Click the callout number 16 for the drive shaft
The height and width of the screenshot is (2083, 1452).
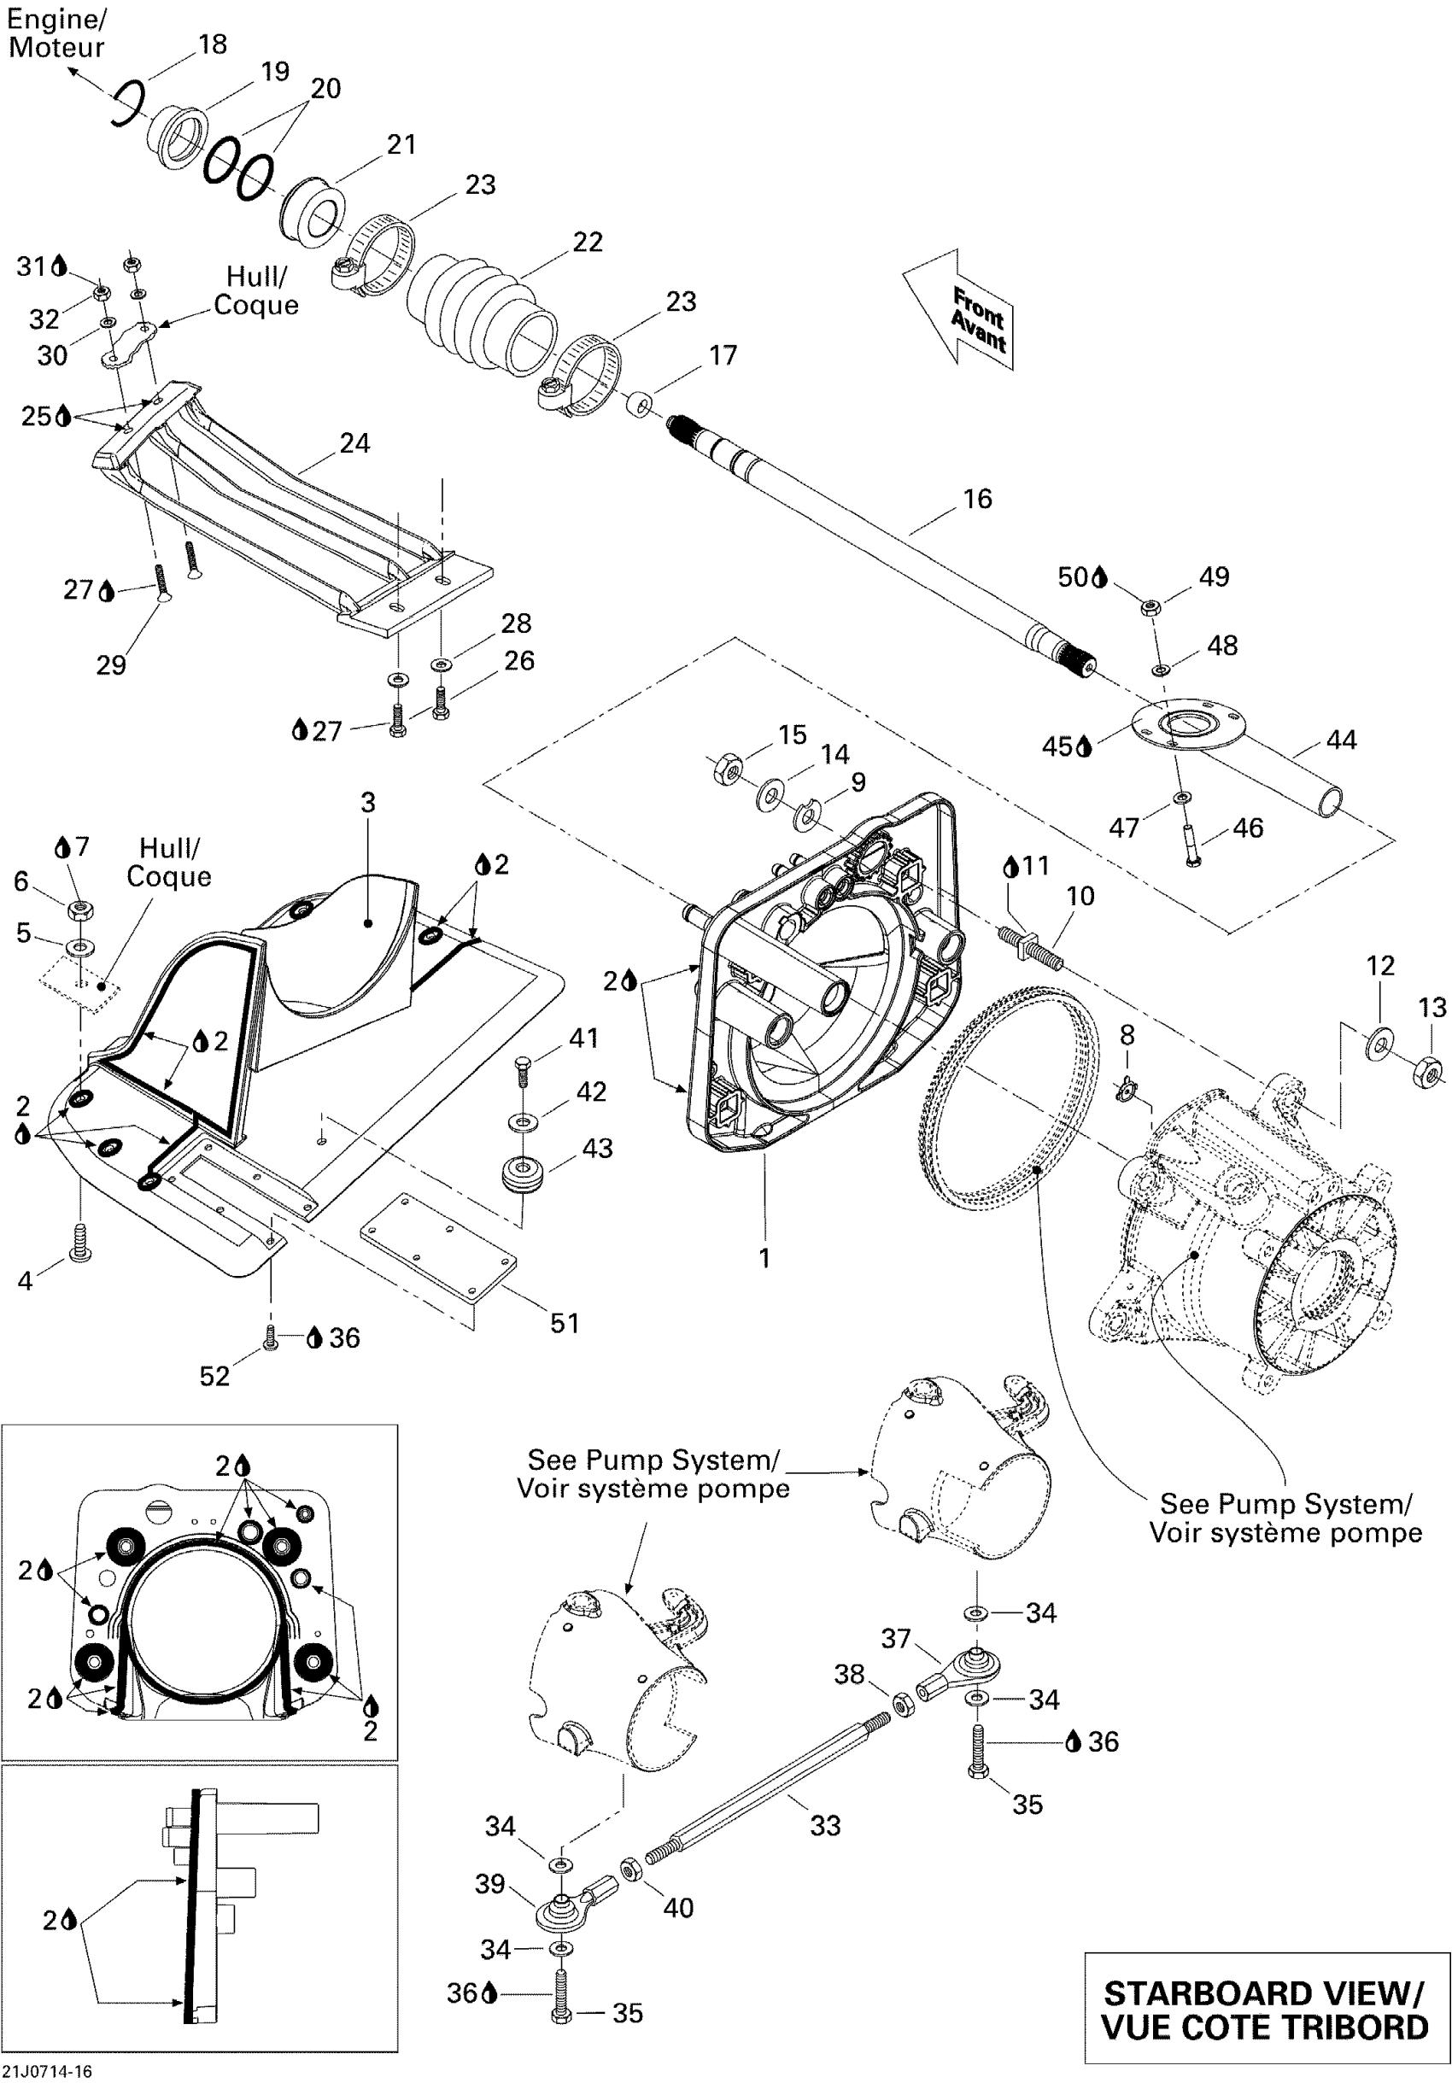[x=977, y=499]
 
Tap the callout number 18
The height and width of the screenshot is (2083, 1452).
[x=213, y=44]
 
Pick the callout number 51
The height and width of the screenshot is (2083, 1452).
[x=565, y=1324]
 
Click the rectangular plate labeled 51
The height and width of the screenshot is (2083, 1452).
[x=439, y=1248]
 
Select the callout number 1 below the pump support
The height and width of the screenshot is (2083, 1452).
[x=765, y=1257]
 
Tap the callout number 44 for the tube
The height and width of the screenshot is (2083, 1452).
[x=1341, y=740]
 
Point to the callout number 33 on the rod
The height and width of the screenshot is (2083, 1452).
[x=825, y=1825]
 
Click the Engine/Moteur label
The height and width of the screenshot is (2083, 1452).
[x=56, y=33]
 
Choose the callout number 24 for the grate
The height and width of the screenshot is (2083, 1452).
[x=354, y=442]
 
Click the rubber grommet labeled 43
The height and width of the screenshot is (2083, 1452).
[x=522, y=1176]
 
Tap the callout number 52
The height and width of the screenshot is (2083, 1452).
[x=215, y=1376]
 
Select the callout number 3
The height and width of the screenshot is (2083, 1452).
[x=367, y=802]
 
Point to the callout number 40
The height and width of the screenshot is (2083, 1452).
[x=678, y=1908]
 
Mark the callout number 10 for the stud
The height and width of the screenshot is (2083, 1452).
[x=1080, y=897]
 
